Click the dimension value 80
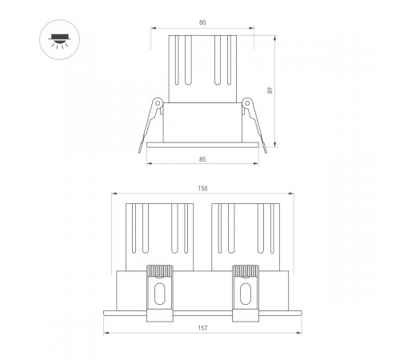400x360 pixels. point(202,22)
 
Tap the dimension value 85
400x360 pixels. point(202,160)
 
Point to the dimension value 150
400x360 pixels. point(202,188)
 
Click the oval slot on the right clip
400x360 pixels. point(245,293)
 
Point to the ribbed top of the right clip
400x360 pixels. point(245,270)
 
